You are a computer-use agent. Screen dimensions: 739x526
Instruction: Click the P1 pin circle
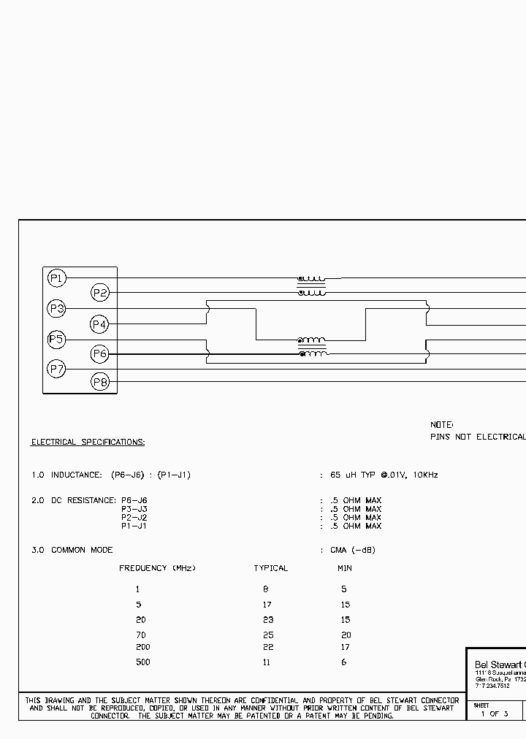(57, 278)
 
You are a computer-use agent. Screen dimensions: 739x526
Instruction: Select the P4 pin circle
(99, 323)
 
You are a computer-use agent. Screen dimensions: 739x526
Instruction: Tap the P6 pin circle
(99, 354)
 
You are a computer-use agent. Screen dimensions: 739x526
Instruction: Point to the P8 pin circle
(99, 382)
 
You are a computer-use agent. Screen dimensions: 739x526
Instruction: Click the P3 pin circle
(57, 309)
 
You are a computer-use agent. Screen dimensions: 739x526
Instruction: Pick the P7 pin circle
(57, 369)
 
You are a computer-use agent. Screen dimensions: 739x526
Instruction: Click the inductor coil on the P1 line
(312, 279)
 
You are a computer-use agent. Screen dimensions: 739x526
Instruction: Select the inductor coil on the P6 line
(313, 354)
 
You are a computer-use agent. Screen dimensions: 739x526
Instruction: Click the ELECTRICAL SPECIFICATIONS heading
(88, 443)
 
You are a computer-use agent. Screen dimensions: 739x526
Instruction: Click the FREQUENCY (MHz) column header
(157, 568)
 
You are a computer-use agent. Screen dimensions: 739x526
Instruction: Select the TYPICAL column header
(270, 568)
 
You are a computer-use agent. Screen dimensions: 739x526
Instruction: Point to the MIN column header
(344, 568)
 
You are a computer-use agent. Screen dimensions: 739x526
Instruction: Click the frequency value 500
(142, 662)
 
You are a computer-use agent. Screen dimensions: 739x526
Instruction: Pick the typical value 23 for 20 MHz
(267, 620)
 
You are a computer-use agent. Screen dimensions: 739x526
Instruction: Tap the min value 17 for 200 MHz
(345, 647)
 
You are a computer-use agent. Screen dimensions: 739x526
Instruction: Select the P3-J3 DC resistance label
(134, 509)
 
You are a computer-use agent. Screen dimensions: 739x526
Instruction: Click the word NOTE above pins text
(441, 424)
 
